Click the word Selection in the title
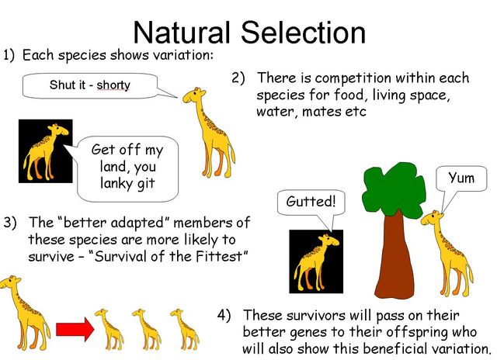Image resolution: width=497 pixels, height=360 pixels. click(304, 33)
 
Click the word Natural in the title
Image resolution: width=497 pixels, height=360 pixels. click(182, 33)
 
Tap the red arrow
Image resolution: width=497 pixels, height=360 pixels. click(75, 330)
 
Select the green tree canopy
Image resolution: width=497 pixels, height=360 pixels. click(394, 189)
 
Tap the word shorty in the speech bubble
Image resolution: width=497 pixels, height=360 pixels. click(113, 85)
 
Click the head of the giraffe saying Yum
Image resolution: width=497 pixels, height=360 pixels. click(432, 218)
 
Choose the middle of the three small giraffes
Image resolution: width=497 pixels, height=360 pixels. click(147, 329)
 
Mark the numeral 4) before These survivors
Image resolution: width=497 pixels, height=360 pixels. click(224, 315)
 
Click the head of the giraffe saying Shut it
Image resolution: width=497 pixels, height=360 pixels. click(193, 95)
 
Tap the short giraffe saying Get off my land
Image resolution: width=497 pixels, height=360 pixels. click(45, 151)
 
